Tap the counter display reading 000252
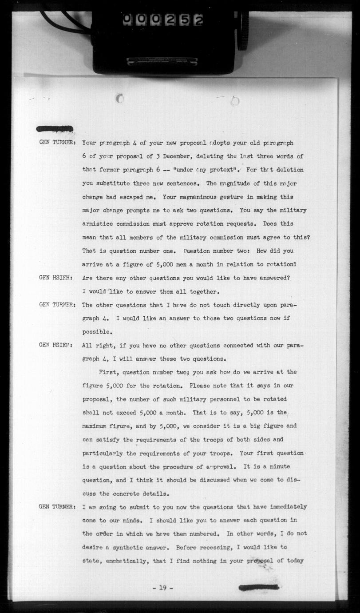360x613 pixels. (162, 19)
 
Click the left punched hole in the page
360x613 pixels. (120, 99)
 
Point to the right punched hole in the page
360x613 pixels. (235, 101)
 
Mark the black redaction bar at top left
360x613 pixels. (55, 129)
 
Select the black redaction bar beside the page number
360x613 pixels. (258, 587)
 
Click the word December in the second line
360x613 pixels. (175, 156)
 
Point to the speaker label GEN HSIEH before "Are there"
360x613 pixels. (55, 278)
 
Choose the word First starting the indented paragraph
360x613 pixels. (109, 372)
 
